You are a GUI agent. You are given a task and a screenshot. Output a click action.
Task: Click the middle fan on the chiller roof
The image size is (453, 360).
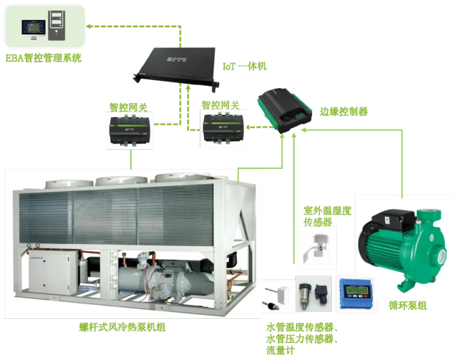click(116, 181)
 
